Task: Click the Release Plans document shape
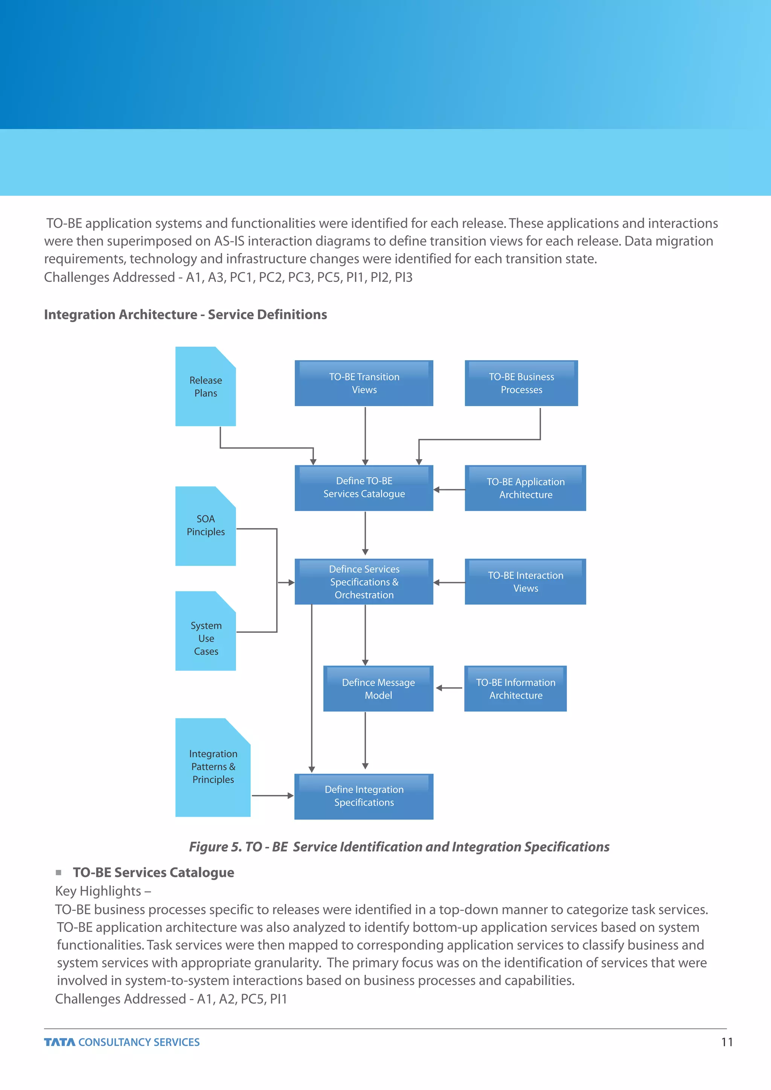click(206, 387)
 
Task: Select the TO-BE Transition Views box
click(364, 383)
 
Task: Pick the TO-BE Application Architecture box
click(525, 488)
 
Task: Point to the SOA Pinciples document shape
click(206, 526)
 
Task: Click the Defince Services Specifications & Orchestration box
click(364, 582)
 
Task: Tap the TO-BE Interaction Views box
click(525, 582)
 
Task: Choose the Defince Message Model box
click(378, 688)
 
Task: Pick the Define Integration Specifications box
click(364, 796)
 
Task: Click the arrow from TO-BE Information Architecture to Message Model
click(449, 688)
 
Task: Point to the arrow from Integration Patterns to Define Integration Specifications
click(273, 796)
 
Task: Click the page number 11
click(727, 1042)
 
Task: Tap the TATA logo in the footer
click(59, 1042)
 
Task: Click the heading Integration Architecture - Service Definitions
click(185, 314)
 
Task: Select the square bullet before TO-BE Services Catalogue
click(58, 872)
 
